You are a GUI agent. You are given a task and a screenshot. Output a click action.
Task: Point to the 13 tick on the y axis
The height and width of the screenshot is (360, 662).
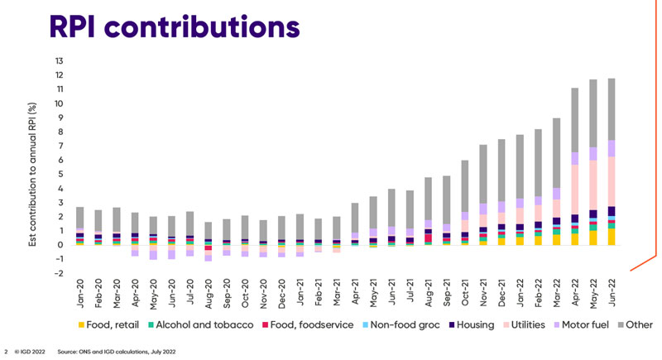pyautogui.click(x=57, y=61)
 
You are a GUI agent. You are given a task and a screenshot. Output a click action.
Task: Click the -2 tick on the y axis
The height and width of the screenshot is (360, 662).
pyautogui.click(x=56, y=273)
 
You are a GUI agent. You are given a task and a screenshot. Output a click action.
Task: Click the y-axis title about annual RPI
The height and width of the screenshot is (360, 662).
pyautogui.click(x=36, y=166)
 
